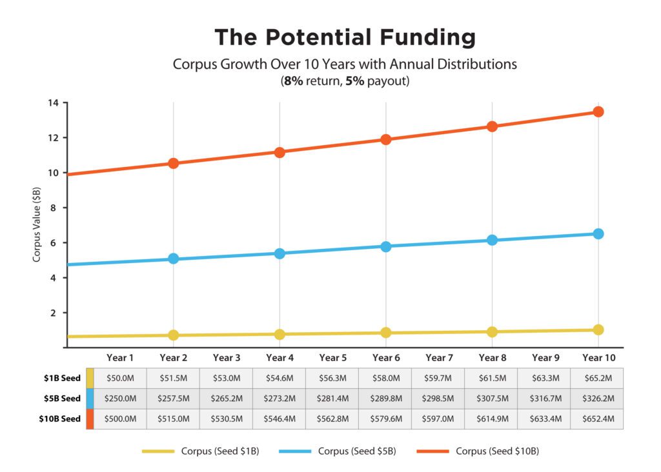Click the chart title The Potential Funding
pyautogui.click(x=345, y=37)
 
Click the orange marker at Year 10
pyautogui.click(x=598, y=112)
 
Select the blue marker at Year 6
pyautogui.click(x=385, y=246)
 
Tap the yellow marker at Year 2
pyautogui.click(x=173, y=335)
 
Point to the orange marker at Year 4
pyautogui.click(x=280, y=152)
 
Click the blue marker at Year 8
pyautogui.click(x=492, y=240)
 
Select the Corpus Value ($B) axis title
pyautogui.click(x=37, y=225)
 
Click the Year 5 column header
pyautogui.click(x=332, y=358)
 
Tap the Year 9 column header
pyautogui.click(x=545, y=358)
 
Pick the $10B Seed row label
pyautogui.click(x=59, y=418)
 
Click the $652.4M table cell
pyautogui.click(x=597, y=418)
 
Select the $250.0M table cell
pyautogui.click(x=120, y=398)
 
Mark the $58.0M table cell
pyautogui.click(x=385, y=378)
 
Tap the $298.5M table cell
pyautogui.click(x=438, y=398)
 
